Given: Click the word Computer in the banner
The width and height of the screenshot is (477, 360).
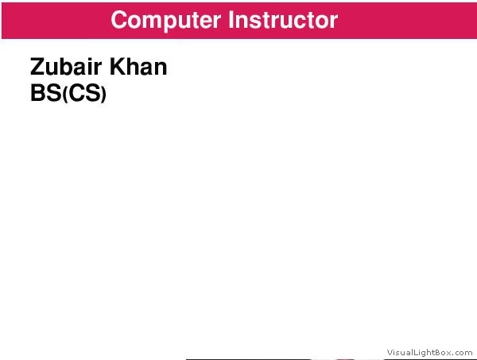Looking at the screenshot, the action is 166,21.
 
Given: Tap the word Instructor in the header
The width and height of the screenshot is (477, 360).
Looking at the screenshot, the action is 283,20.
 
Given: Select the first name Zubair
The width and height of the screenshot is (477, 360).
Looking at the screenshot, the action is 66,67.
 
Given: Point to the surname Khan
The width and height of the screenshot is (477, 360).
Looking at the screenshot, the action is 138,67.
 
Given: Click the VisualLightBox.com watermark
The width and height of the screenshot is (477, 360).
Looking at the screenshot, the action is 429,352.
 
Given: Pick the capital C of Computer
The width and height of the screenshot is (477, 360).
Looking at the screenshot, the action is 120,20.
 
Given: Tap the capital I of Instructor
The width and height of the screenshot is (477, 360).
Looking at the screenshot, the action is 231,20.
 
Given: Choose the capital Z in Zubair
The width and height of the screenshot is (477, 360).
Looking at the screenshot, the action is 37,67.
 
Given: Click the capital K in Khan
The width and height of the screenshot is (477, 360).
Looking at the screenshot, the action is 117,67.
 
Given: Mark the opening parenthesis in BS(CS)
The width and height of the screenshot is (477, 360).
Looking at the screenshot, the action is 65,95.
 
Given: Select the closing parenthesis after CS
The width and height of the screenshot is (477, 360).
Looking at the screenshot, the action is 103,95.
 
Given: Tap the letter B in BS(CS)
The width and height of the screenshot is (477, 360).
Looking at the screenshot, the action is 37,93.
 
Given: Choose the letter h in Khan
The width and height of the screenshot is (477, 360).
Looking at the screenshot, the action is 133,67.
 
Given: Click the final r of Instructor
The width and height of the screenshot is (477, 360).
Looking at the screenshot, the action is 334,22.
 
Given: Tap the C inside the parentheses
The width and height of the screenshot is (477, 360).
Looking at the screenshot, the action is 76,93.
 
